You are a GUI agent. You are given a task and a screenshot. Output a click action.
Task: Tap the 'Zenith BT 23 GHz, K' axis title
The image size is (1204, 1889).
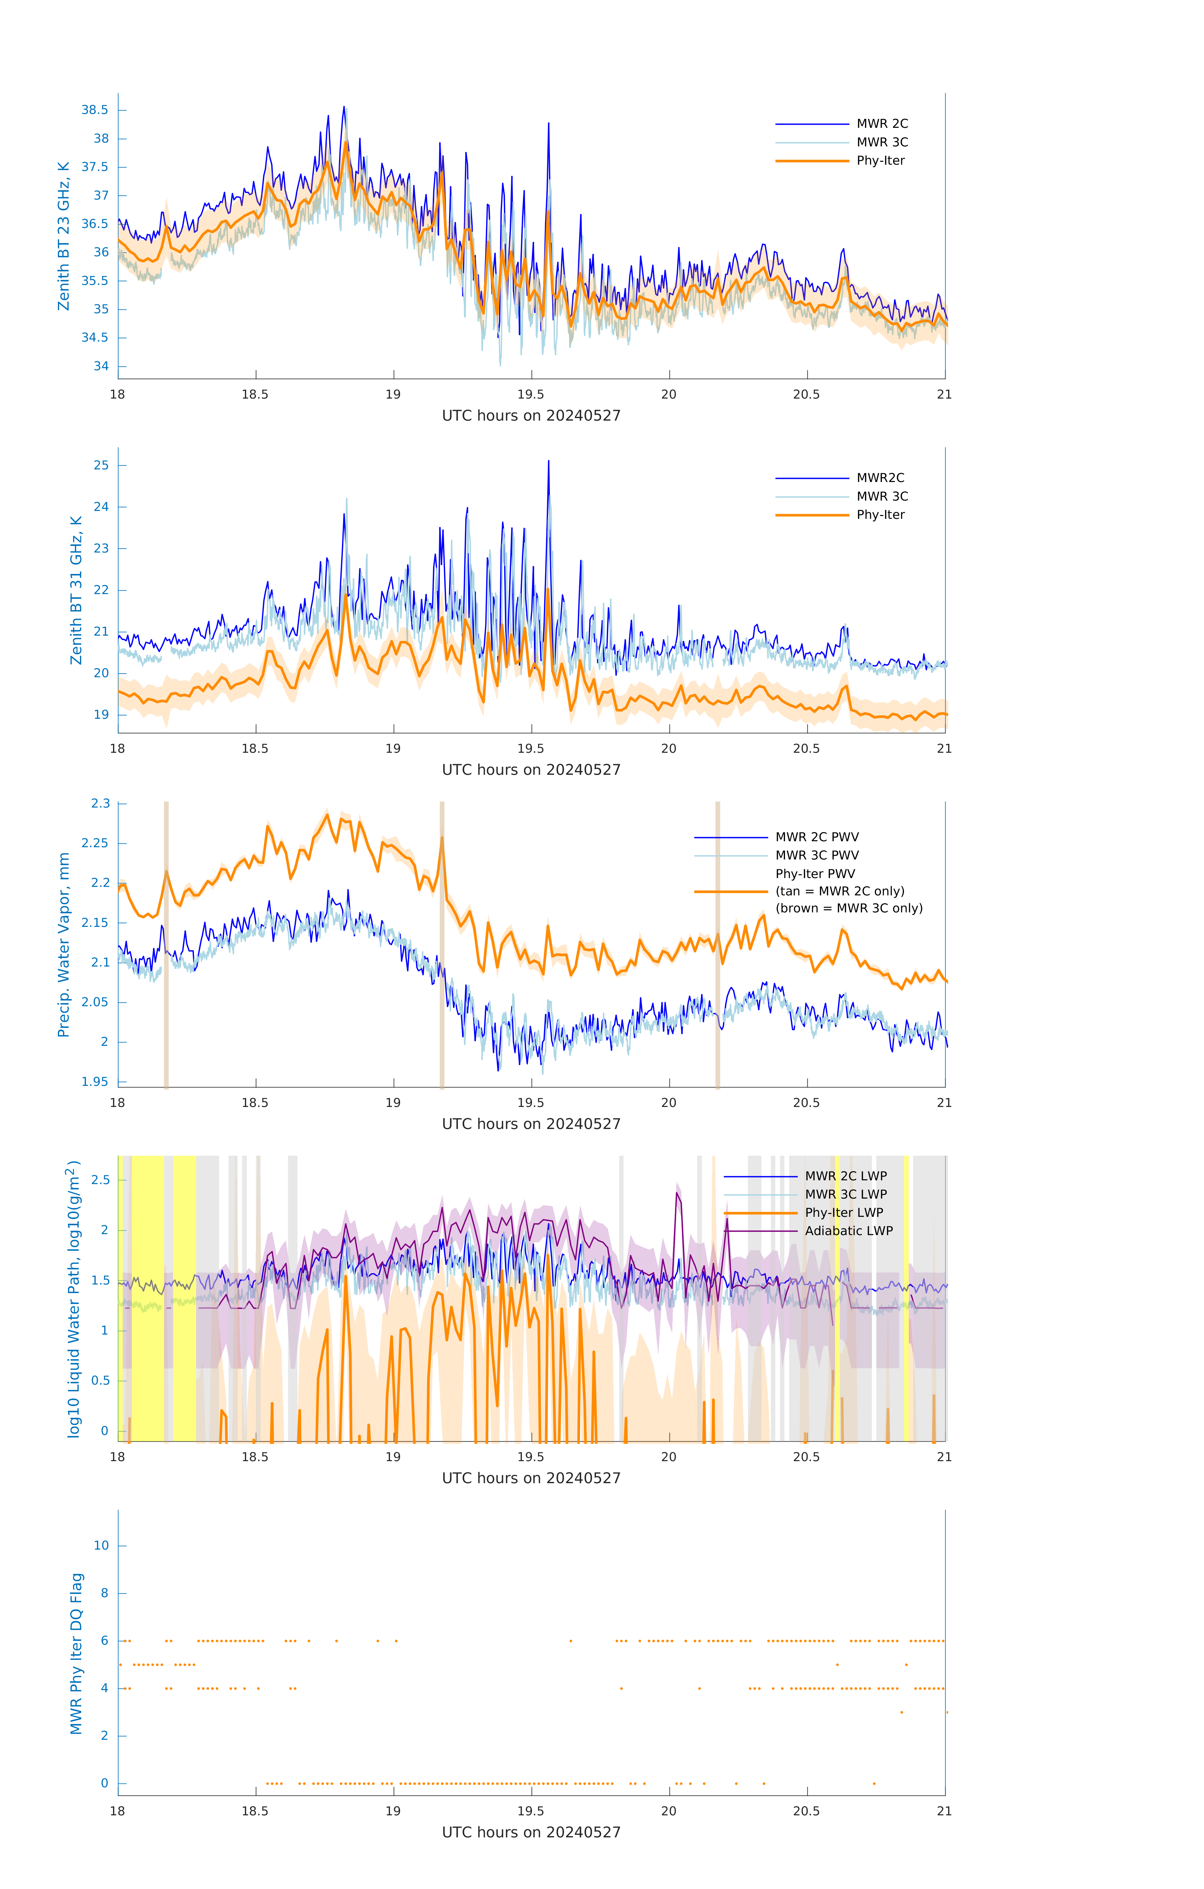click(64, 236)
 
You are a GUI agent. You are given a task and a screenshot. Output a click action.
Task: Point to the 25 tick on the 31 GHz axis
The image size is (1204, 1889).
click(101, 465)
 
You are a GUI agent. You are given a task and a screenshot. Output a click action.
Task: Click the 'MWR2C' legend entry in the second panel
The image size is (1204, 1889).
click(880, 478)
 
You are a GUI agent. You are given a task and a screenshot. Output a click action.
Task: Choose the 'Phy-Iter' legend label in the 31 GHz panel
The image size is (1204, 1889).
click(880, 515)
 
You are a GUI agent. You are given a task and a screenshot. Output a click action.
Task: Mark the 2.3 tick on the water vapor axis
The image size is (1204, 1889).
click(100, 803)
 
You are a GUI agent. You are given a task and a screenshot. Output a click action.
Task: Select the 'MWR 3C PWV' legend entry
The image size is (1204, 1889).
click(817, 855)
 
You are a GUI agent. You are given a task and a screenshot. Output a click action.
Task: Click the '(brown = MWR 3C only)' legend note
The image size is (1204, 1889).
click(849, 908)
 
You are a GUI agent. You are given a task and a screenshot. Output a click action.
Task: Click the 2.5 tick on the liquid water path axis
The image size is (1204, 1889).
click(100, 1180)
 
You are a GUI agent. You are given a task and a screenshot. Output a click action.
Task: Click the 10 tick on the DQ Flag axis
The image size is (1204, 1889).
click(101, 1546)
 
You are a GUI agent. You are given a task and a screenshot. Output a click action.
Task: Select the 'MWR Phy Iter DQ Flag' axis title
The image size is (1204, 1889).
click(76, 1654)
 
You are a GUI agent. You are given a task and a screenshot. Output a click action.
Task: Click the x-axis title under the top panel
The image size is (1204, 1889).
click(531, 416)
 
